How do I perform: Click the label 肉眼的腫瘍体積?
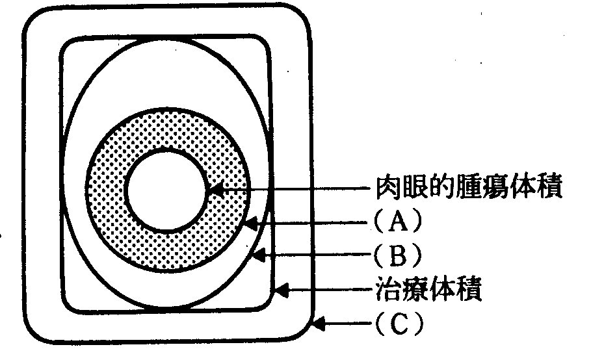pyautogui.click(x=468, y=189)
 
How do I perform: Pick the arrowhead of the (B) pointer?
pyautogui.click(x=257, y=256)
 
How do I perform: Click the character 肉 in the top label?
pyautogui.click(x=389, y=189)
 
